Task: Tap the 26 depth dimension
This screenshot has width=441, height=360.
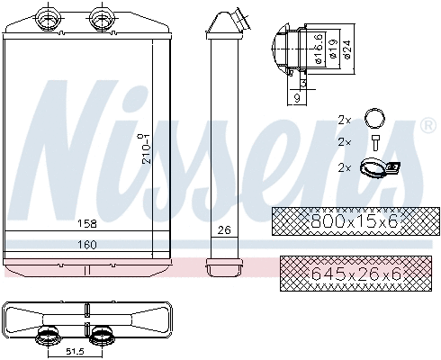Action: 224,230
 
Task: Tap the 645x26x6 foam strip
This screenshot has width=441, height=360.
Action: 342,271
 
